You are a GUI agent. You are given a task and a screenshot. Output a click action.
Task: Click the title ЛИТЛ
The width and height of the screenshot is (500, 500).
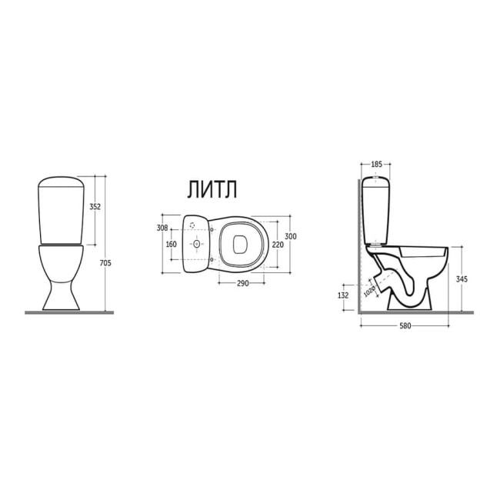212,190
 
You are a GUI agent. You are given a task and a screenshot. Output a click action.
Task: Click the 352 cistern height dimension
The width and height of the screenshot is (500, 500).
95,207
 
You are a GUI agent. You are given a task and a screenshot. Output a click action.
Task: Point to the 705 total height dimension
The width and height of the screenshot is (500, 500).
105,263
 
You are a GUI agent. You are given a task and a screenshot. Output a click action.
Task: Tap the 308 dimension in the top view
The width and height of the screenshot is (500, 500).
162,228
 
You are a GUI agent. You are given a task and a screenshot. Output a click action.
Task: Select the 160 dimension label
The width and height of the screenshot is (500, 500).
172,245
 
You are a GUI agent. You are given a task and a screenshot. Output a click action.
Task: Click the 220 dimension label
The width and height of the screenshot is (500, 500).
278,245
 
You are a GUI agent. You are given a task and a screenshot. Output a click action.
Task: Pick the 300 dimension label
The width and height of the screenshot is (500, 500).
290,236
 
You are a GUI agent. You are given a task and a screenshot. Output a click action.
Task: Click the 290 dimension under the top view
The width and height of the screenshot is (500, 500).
242,283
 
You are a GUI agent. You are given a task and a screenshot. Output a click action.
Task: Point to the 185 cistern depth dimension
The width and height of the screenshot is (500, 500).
376,165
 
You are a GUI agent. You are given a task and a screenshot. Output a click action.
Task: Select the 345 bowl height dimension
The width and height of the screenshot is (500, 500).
462,279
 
